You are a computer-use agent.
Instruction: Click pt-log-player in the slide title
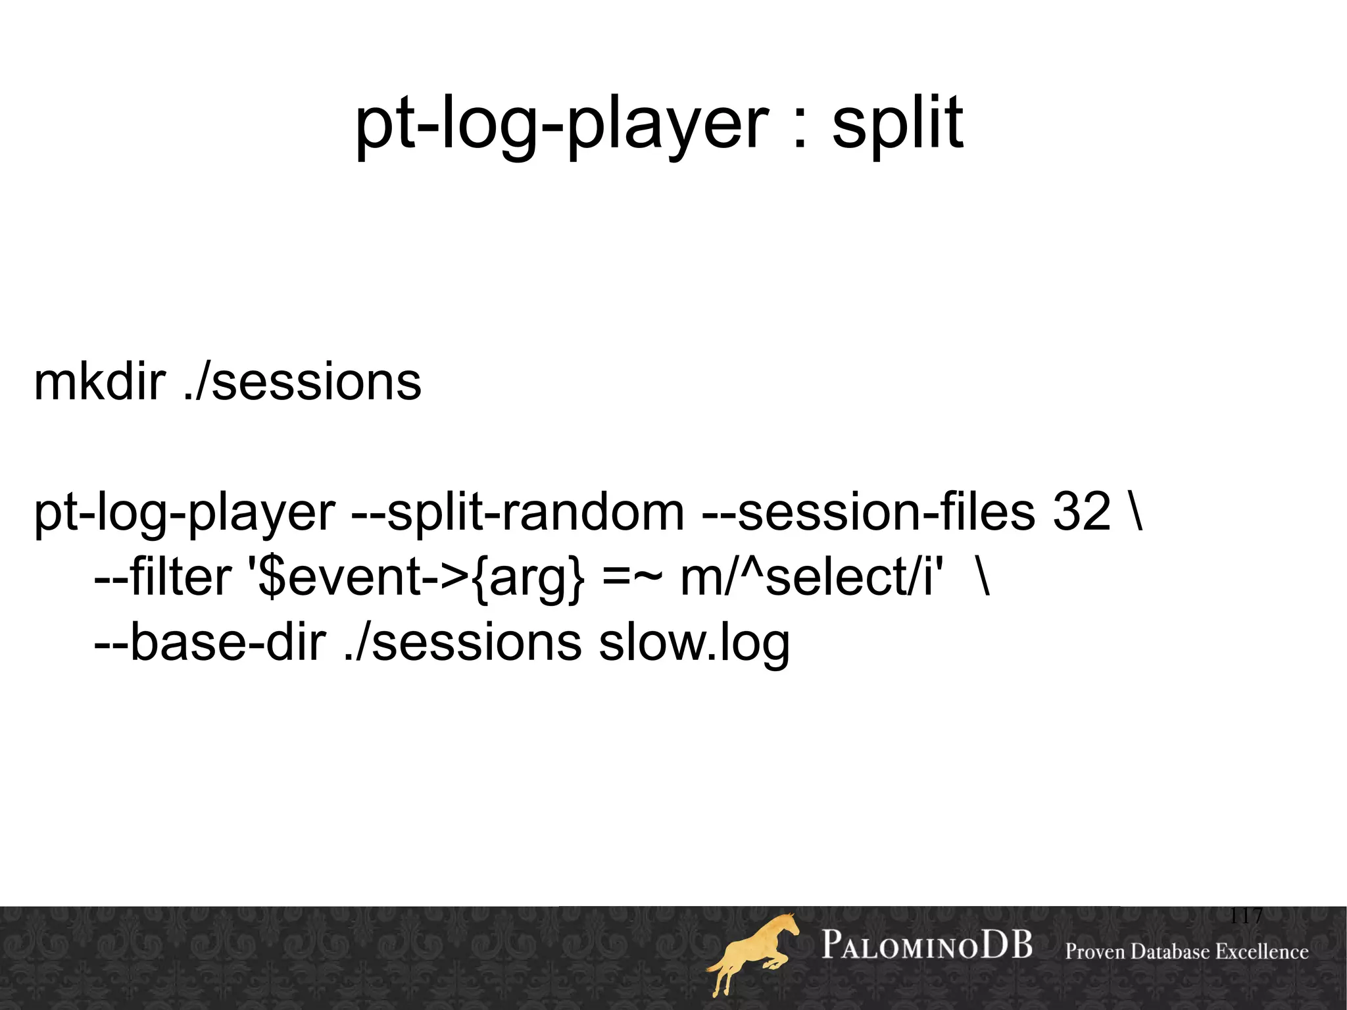coord(561,124)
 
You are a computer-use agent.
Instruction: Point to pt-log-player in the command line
coord(185,513)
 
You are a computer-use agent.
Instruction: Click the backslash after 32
coord(1135,513)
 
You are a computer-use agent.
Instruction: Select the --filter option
coord(162,577)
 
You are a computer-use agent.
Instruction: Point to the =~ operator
coord(631,578)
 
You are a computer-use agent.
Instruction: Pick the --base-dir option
coord(210,642)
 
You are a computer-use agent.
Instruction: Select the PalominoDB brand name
coord(927,946)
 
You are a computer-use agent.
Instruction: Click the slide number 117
coord(1246,915)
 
